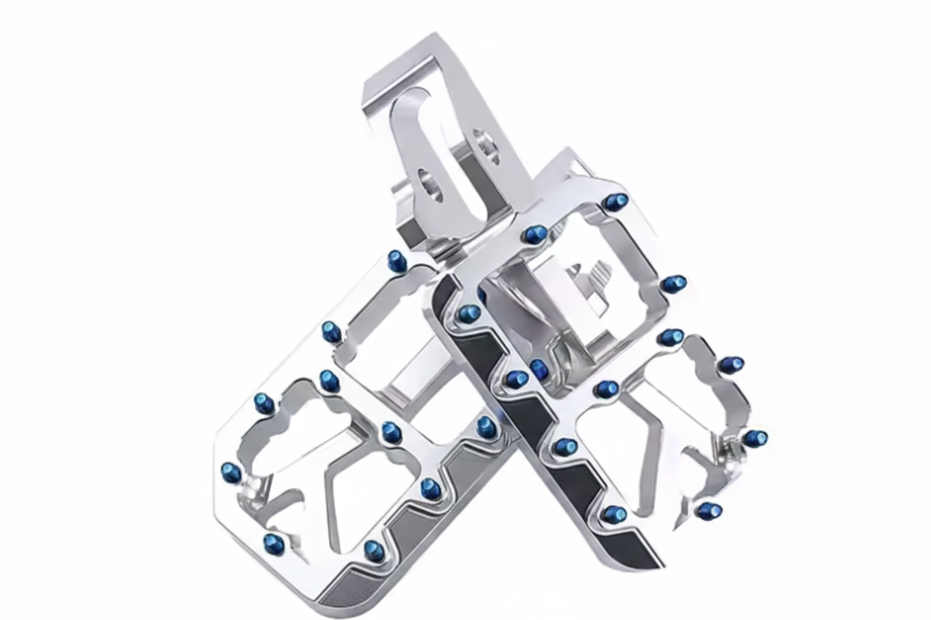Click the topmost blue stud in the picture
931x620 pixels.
pos(616,201)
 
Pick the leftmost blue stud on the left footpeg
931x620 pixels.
pos(231,471)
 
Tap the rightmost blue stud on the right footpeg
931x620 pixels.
pos(755,437)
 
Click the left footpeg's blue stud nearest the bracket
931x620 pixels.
pos(398,261)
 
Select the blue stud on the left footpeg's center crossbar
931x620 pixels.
pos(390,431)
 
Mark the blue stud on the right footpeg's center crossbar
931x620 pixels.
pos(607,388)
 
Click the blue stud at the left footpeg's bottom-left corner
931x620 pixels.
pos(273,542)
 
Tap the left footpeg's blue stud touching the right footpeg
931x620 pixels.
pos(486,427)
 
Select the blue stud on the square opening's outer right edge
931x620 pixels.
pos(674,284)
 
